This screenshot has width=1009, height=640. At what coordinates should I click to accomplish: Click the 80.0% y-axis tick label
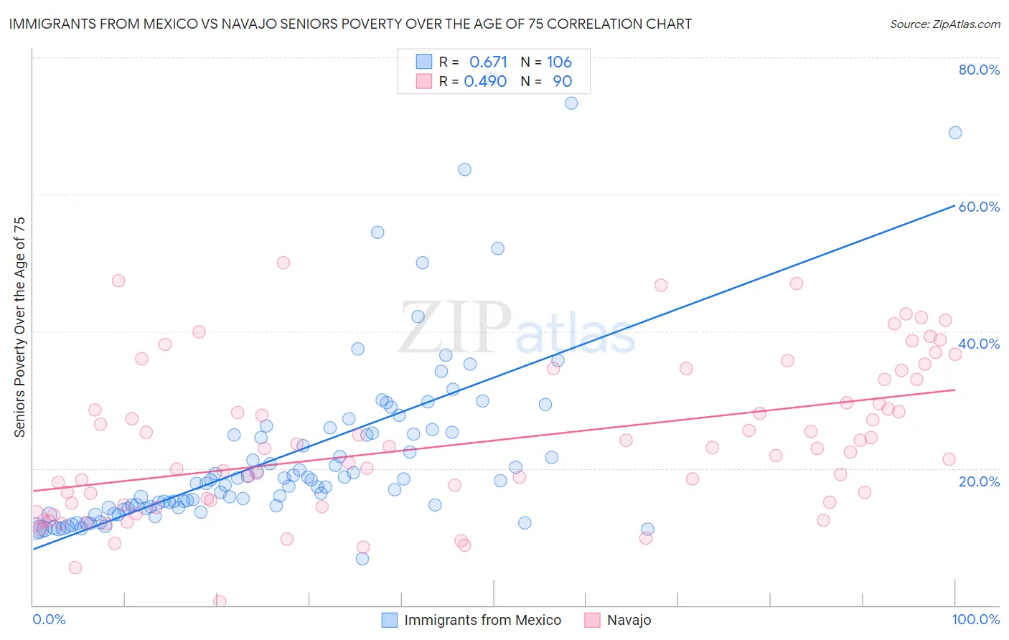click(979, 70)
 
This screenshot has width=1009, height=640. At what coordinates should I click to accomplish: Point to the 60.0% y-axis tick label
click(979, 207)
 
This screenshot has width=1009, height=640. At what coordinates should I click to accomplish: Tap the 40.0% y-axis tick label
click(979, 344)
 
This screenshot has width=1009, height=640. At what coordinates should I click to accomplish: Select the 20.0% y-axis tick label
click(979, 481)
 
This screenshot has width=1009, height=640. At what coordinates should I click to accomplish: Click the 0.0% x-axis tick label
click(49, 619)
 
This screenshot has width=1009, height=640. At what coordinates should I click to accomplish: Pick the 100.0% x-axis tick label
click(975, 619)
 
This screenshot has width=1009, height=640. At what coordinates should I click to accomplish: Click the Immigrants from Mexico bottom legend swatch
click(389, 620)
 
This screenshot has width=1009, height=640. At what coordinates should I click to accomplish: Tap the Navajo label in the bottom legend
click(629, 620)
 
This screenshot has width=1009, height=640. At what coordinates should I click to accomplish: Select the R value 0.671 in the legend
click(488, 62)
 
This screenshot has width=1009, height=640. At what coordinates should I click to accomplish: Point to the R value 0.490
click(485, 81)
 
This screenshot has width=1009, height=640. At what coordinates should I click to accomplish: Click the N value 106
click(559, 62)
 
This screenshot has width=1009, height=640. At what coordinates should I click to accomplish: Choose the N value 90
click(562, 81)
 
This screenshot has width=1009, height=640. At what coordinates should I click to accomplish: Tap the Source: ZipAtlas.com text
click(944, 24)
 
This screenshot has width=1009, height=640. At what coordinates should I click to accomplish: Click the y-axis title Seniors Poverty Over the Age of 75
click(19, 326)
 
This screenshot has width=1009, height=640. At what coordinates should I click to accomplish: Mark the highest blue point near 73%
click(571, 103)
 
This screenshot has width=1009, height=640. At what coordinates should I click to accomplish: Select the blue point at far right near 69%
click(955, 133)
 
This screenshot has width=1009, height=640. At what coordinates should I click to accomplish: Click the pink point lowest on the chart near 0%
click(220, 601)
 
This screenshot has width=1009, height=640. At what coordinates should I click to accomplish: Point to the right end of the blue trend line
click(955, 205)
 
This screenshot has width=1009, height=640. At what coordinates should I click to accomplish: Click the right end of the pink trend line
click(955, 390)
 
